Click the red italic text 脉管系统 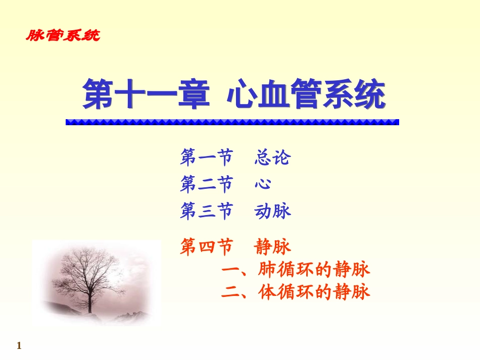click(x=63, y=35)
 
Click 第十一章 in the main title click(x=147, y=94)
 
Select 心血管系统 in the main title click(x=307, y=94)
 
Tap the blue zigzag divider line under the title click(x=232, y=122)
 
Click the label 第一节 click(x=206, y=158)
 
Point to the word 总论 click(x=273, y=158)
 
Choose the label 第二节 click(x=206, y=184)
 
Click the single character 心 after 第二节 click(x=263, y=184)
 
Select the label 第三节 click(x=206, y=211)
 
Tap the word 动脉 click(x=273, y=211)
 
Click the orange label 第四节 click(x=206, y=247)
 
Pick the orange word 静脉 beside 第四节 click(x=273, y=247)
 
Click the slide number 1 click(x=19, y=346)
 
